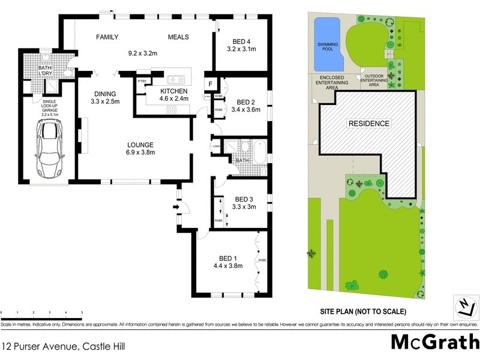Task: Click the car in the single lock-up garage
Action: pos(50,146)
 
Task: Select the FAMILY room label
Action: pos(107,37)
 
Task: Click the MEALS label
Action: pos(178,37)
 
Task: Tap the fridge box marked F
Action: pos(211,83)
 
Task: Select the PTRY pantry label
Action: pos(142,81)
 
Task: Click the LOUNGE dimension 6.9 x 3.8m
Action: pos(140,152)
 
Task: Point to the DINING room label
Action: pos(105,94)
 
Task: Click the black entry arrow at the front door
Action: pos(176,208)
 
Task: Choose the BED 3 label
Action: pos(244,199)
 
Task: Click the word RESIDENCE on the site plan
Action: pos(369,124)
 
